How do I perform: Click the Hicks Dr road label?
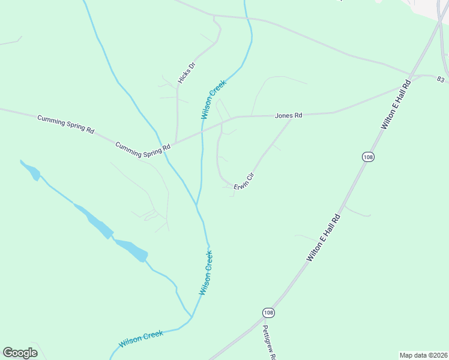click(x=187, y=73)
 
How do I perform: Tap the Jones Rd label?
click(x=288, y=115)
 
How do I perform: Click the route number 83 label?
click(x=441, y=80)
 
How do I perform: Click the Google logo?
click(x=20, y=353)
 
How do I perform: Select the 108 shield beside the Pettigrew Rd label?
click(x=268, y=313)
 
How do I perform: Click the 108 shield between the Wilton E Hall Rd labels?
click(x=367, y=157)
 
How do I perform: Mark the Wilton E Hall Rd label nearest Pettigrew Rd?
click(x=324, y=237)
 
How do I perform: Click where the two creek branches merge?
click(x=197, y=205)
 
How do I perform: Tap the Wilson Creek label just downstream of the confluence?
click(x=206, y=272)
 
